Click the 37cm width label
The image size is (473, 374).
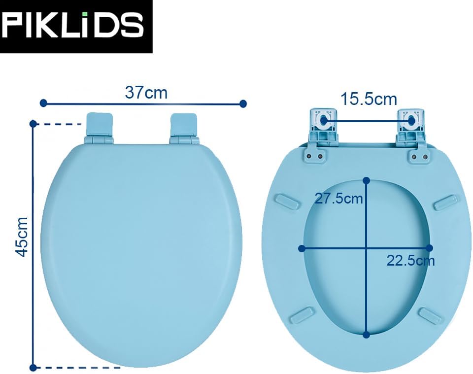click(x=146, y=93)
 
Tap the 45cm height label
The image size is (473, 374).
click(x=22, y=237)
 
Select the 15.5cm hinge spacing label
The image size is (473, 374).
click(x=369, y=99)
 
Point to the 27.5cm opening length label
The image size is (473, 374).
click(x=338, y=199)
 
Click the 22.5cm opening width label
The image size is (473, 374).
click(x=410, y=261)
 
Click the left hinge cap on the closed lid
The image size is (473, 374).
click(x=100, y=125)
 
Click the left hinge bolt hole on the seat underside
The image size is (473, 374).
click(x=324, y=120)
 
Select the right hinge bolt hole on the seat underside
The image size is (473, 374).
click(x=411, y=120)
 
